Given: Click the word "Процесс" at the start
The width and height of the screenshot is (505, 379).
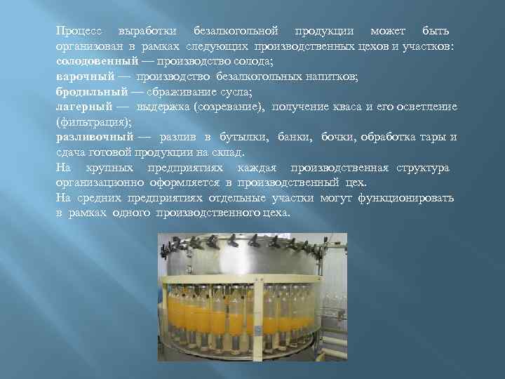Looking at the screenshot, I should tap(79, 32).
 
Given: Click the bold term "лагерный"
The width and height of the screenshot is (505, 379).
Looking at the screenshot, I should tap(84, 107).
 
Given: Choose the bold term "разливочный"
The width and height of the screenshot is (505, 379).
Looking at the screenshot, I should tap(95, 137).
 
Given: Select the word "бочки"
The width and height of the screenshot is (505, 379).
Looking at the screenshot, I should tap(337, 137).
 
